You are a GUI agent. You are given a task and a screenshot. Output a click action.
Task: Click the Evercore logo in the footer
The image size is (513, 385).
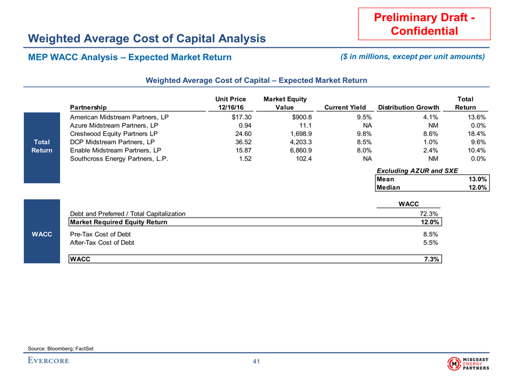(x=48, y=360)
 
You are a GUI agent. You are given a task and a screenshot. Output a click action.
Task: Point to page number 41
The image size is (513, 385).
(x=256, y=362)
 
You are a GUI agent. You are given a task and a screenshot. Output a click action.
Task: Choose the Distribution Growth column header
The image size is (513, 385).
(x=408, y=107)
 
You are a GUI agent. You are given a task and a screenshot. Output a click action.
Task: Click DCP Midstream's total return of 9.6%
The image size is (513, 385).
(x=477, y=141)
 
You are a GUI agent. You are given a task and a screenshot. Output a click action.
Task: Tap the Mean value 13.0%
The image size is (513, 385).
(x=477, y=179)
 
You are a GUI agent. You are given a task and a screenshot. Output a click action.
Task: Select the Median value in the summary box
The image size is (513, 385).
(x=477, y=188)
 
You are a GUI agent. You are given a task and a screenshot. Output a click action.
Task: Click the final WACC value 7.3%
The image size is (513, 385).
(x=430, y=259)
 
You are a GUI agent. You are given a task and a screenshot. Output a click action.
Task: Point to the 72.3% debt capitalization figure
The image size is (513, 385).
(x=429, y=214)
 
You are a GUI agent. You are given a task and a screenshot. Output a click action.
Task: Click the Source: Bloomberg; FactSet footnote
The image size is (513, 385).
(x=61, y=349)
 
